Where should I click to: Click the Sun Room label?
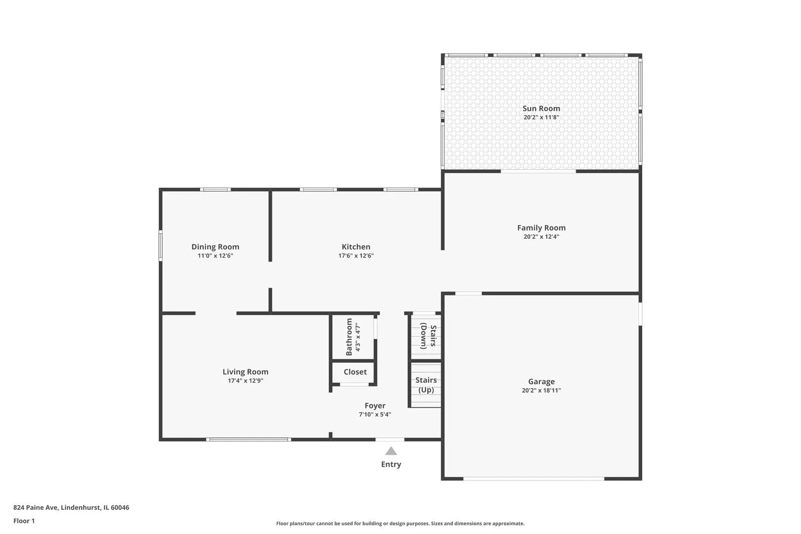coord(541,108)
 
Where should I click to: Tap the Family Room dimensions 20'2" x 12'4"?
coord(541,236)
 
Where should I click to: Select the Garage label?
coord(541,382)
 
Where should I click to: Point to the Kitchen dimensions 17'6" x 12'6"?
coord(356,255)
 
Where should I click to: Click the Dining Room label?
coord(215,247)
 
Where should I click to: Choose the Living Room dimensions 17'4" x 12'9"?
coord(245,381)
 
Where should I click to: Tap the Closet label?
coord(355,372)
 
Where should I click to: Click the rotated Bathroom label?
coord(349,337)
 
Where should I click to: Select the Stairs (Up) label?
coord(426,385)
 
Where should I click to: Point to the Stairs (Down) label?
coord(428,336)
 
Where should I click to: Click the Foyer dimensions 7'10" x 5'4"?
coord(375,414)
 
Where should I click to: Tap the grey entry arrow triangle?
coord(391,450)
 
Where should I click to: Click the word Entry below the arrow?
coord(391,464)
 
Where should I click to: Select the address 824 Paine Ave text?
coord(36,507)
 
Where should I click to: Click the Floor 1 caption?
coord(24,521)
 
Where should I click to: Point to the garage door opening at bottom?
coord(534,478)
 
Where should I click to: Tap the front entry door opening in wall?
coord(390,439)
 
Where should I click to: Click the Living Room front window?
coord(249,439)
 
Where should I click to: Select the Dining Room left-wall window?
coord(161,245)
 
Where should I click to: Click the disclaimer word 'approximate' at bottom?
coord(508,524)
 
